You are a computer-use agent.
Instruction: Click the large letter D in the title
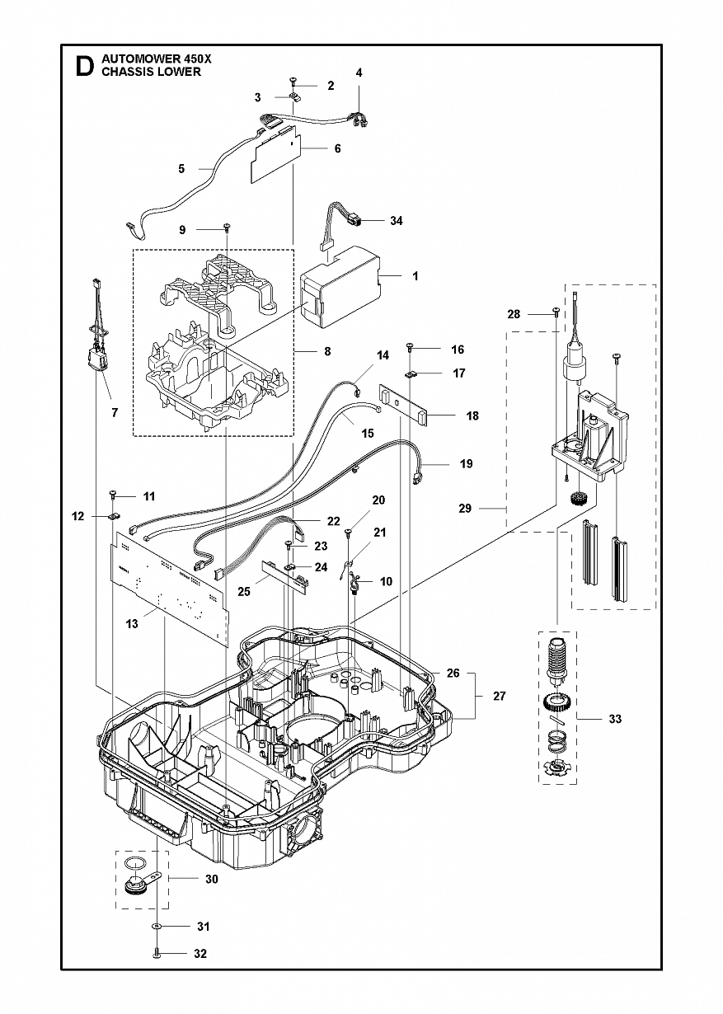click(x=85, y=67)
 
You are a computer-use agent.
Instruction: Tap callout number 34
click(x=396, y=221)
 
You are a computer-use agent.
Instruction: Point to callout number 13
click(x=132, y=624)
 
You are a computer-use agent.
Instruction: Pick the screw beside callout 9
click(x=227, y=228)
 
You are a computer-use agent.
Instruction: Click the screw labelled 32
click(x=155, y=965)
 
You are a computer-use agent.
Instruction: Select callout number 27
click(x=499, y=696)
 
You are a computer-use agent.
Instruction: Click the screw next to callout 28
click(x=556, y=312)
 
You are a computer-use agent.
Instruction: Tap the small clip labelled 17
click(x=411, y=374)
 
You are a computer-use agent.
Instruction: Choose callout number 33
click(x=615, y=718)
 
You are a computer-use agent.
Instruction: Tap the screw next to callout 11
click(x=113, y=495)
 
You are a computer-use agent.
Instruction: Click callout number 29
click(x=465, y=509)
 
